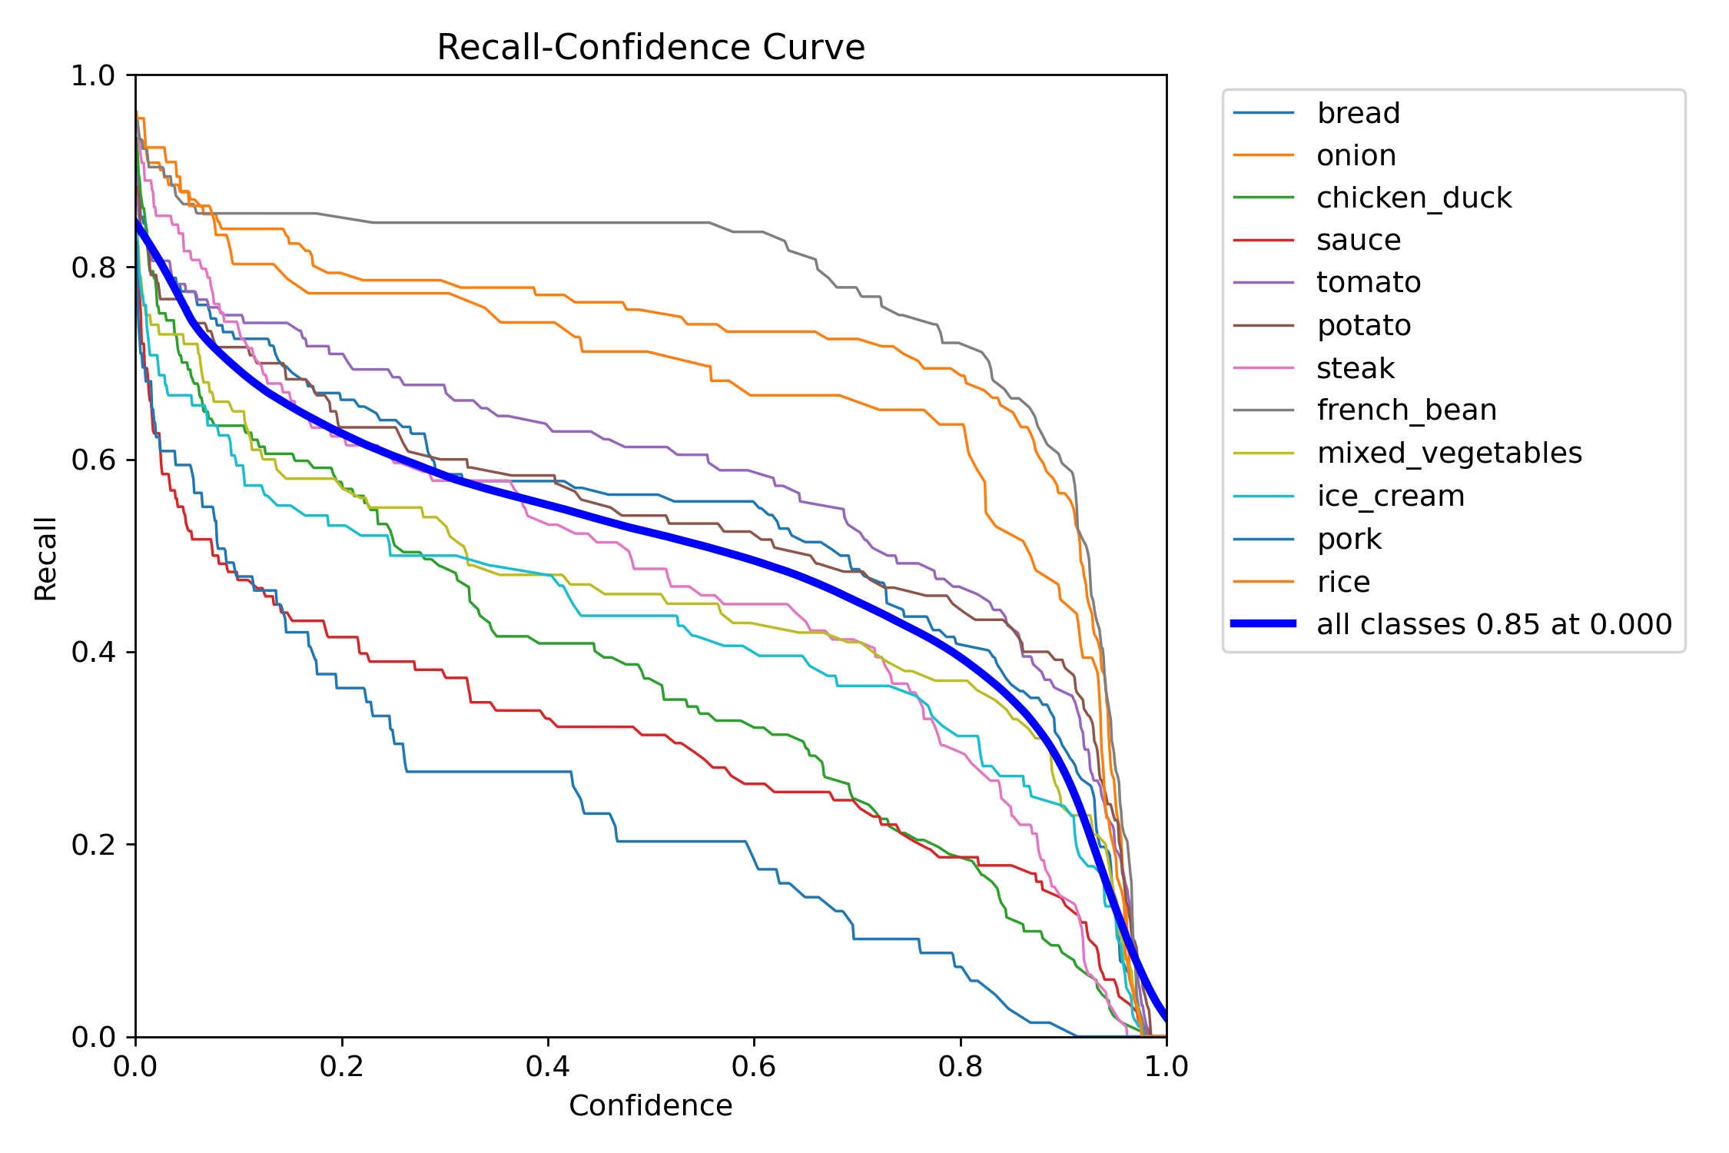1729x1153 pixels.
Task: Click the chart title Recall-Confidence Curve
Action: pos(650,48)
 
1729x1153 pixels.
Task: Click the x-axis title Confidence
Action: pos(650,1105)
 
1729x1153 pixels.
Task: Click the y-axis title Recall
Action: pos(46,558)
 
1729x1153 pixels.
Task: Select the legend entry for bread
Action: pos(1358,113)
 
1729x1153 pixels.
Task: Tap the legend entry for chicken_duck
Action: pos(1413,198)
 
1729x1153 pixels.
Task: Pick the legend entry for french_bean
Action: pos(1406,410)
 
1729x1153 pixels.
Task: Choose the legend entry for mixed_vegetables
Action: pos(1449,453)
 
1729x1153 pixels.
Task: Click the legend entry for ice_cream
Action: pos(1390,496)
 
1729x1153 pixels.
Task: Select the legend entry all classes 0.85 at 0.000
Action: pos(1493,624)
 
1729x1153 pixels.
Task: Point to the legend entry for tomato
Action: pos(1368,282)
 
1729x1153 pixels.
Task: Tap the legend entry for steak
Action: pos(1355,368)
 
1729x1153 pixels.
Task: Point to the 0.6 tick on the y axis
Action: pos(92,460)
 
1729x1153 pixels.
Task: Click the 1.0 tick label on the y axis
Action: pos(92,75)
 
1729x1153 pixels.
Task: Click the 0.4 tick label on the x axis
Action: pos(548,1066)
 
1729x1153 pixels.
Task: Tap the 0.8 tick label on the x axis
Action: pos(961,1066)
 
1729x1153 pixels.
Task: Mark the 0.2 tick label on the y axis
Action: pos(92,845)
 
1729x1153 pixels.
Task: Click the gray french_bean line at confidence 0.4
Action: pos(548,223)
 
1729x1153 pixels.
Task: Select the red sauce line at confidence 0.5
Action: pos(651,734)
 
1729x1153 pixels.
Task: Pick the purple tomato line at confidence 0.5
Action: pos(651,447)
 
